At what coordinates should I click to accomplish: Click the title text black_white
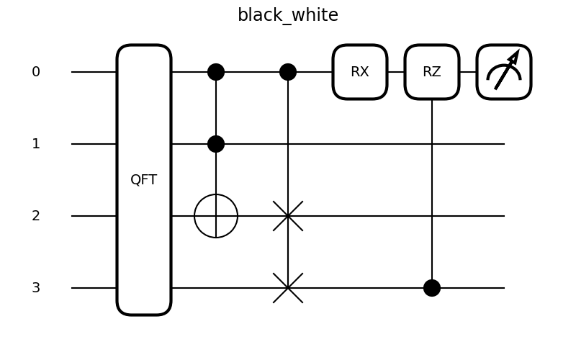pyautogui.click(x=287, y=15)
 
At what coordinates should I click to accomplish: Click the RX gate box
pyautogui.click(x=360, y=72)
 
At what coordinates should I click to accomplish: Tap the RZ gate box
pyautogui.click(x=432, y=72)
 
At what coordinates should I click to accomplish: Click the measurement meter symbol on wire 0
pyautogui.click(x=504, y=72)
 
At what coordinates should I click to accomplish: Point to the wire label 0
pyautogui.click(x=36, y=72)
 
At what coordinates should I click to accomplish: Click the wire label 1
pyautogui.click(x=36, y=144)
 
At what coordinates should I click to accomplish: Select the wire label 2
pyautogui.click(x=36, y=216)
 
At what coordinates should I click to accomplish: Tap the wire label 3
pyautogui.click(x=36, y=288)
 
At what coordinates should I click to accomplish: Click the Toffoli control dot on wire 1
pyautogui.click(x=216, y=144)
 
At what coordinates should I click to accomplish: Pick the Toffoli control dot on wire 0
pyautogui.click(x=216, y=72)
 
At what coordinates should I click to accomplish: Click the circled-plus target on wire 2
pyautogui.click(x=216, y=216)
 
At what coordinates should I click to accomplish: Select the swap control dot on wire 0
pyautogui.click(x=288, y=72)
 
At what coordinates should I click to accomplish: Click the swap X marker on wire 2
pyautogui.click(x=288, y=216)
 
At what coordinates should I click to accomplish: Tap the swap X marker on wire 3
pyautogui.click(x=288, y=288)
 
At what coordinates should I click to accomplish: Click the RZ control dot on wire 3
pyautogui.click(x=432, y=288)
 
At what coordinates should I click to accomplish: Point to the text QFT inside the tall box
pyautogui.click(x=143, y=180)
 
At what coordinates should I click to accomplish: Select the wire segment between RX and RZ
pyautogui.click(x=396, y=72)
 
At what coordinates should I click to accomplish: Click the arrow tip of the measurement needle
pyautogui.click(x=517, y=53)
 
